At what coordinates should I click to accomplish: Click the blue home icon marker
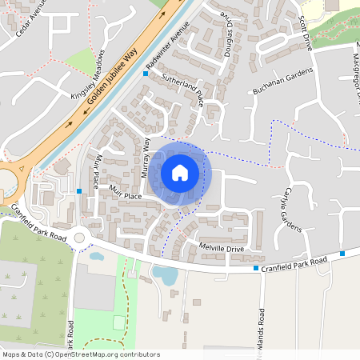click(180, 173)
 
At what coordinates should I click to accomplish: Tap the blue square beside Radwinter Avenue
click(146, 74)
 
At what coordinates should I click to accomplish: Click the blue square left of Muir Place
click(79, 191)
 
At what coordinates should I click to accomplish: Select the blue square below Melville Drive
click(256, 268)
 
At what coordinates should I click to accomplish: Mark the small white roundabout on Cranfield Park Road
click(78, 238)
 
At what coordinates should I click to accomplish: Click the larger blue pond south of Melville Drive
click(165, 274)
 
